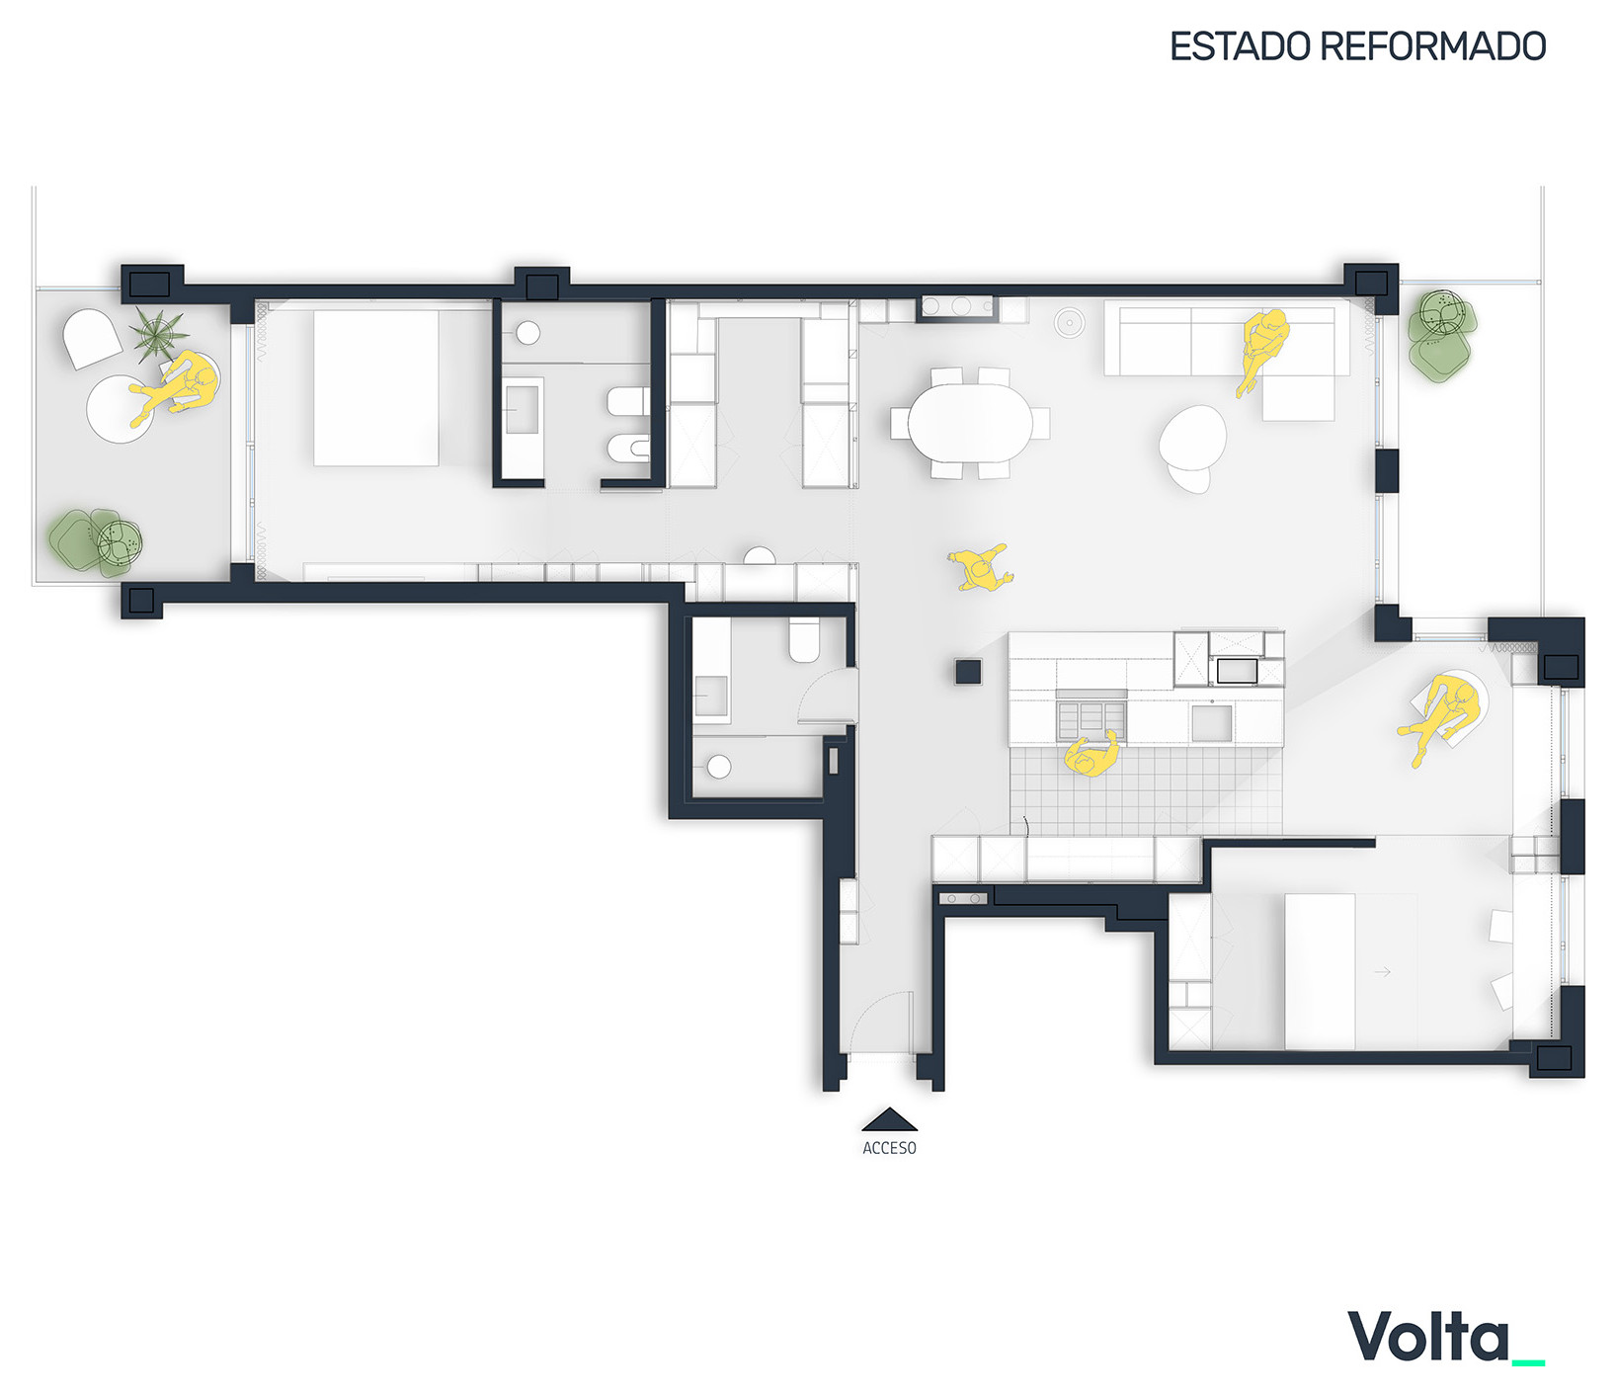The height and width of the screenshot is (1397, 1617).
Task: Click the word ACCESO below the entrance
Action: [x=889, y=1148]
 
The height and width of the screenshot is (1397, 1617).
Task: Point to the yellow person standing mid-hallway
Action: [x=980, y=568]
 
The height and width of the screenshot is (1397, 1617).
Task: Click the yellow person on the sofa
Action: [x=1261, y=349]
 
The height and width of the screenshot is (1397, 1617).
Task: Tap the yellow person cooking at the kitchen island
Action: [x=1091, y=755]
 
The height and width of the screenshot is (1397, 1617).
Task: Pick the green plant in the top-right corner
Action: [x=1441, y=332]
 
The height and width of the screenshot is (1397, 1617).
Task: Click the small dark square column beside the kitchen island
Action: [x=968, y=671]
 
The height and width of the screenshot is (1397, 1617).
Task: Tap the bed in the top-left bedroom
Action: [x=376, y=388]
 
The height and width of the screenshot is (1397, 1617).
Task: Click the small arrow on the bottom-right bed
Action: [x=1383, y=971]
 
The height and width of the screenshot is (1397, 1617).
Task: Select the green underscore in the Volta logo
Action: [x=1528, y=1363]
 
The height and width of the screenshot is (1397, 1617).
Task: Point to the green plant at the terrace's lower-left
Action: [x=96, y=542]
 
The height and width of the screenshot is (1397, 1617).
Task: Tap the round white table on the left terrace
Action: [x=121, y=409]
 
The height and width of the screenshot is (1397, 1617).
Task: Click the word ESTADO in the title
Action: [x=1241, y=46]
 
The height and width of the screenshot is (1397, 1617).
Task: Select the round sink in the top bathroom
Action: [x=528, y=333]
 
